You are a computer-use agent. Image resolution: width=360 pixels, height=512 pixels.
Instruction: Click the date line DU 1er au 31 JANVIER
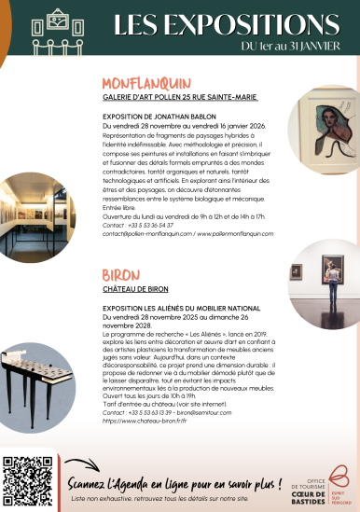[291, 47]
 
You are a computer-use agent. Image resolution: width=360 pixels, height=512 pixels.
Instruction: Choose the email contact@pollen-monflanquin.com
[140, 234]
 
